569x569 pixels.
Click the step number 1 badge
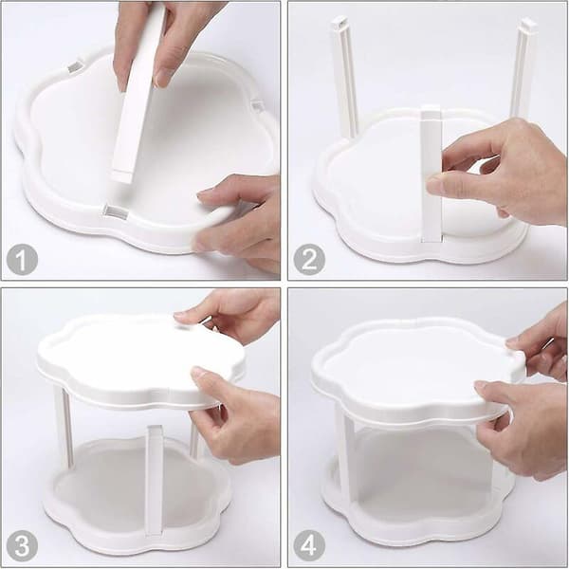(x=22, y=260)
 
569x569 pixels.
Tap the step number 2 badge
(x=309, y=260)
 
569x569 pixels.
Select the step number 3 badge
(x=22, y=546)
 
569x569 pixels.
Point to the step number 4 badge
(x=309, y=546)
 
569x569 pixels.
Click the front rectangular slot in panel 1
(x=117, y=211)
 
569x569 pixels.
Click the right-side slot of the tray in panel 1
(x=257, y=106)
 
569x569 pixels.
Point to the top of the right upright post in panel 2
(x=527, y=25)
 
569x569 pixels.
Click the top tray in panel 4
(x=417, y=370)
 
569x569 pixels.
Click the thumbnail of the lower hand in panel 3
(x=199, y=373)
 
